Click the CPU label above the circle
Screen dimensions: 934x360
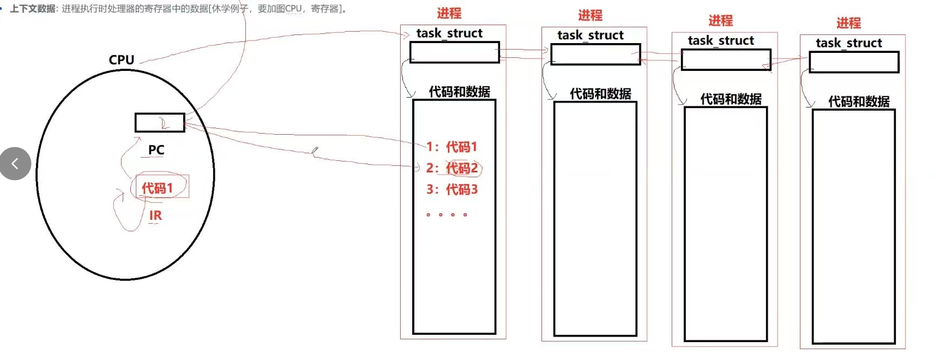(121, 59)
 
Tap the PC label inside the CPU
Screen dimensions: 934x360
(156, 149)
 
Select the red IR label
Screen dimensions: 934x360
(155, 215)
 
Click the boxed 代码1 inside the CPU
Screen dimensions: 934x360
(158, 188)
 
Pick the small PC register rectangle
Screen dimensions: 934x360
(160, 123)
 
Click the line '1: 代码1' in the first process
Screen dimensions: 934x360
(452, 147)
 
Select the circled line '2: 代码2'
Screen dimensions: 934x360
(453, 168)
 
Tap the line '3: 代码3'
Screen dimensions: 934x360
(452, 189)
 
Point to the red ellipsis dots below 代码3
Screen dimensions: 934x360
(447, 215)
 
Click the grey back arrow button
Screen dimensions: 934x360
(15, 163)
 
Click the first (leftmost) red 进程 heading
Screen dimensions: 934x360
(449, 13)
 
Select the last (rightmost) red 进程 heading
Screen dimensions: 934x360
(848, 23)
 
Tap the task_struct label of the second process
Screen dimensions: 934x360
(590, 35)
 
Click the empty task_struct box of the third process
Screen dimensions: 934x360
(726, 59)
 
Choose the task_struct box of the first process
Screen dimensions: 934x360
(454, 52)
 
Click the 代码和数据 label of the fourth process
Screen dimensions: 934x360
(859, 101)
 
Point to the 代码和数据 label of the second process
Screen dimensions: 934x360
(600, 94)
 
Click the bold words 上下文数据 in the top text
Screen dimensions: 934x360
(33, 9)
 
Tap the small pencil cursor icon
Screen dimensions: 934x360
(315, 150)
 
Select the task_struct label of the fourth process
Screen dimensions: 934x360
(848, 43)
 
